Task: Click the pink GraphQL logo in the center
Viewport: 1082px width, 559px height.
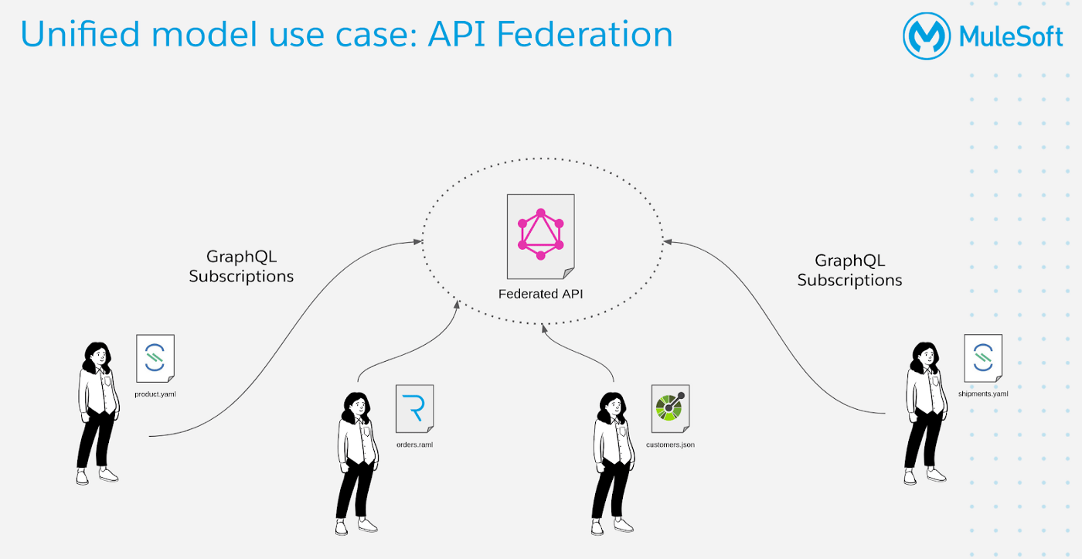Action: (x=540, y=234)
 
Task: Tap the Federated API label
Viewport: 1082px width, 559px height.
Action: (x=540, y=294)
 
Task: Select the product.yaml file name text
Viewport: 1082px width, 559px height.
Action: (x=155, y=394)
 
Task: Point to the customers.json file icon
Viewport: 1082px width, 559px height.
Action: (x=669, y=408)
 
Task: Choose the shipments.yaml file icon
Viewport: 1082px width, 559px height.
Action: (x=983, y=357)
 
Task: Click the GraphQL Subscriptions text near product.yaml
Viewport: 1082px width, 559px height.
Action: (x=241, y=266)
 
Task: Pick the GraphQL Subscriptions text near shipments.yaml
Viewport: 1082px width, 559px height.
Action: (x=849, y=271)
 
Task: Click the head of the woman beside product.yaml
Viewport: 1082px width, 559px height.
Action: (x=97, y=355)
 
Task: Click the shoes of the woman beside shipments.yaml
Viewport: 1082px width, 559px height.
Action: (x=924, y=476)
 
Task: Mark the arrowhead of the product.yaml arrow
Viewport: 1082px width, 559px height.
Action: (x=418, y=242)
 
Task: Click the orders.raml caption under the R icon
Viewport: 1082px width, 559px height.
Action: (x=414, y=445)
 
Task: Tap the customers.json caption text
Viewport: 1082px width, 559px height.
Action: (x=670, y=445)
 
